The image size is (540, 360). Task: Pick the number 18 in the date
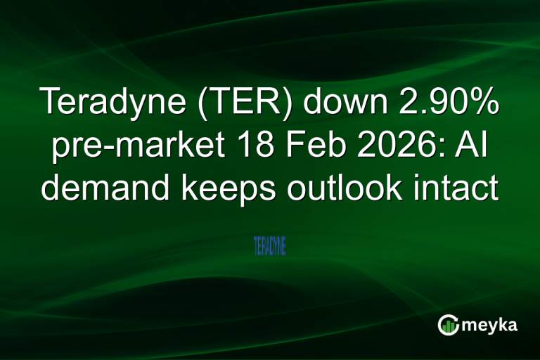click(243, 146)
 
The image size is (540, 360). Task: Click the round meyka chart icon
click(449, 325)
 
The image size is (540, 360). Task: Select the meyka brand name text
click(490, 326)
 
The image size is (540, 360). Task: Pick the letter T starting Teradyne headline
click(51, 103)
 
